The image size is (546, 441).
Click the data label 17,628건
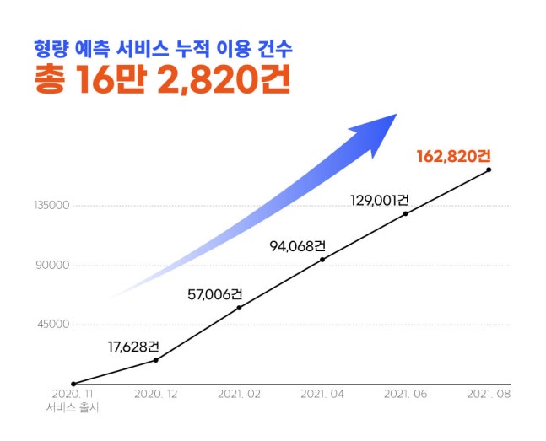[x=133, y=346]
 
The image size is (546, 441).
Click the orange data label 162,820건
[x=453, y=156]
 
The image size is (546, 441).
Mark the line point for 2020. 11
[x=74, y=384]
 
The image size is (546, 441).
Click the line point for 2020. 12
[x=157, y=360]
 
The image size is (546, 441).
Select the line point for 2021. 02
[x=240, y=308]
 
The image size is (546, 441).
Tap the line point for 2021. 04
[x=322, y=260]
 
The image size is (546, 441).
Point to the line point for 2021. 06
[x=406, y=213]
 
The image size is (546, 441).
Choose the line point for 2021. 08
[x=489, y=170]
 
